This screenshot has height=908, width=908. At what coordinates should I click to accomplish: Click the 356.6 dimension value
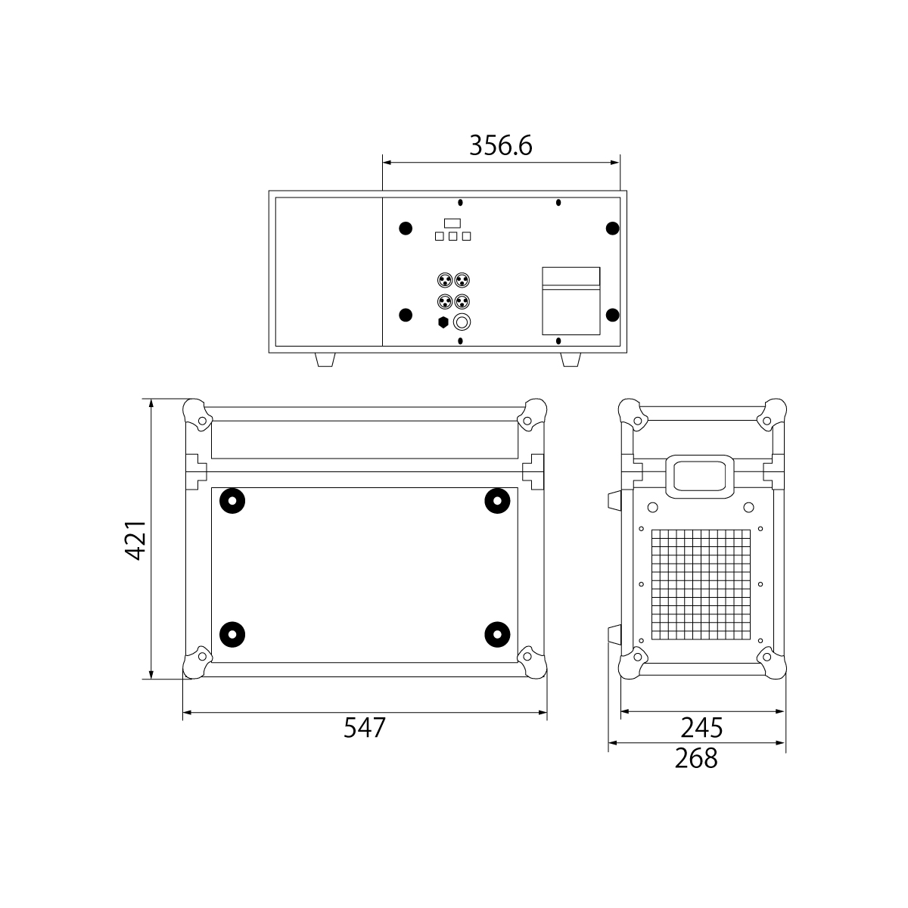coord(500,145)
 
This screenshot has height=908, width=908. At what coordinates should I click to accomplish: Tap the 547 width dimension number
coord(364,727)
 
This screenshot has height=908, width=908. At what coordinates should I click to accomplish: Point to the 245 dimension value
coord(701,727)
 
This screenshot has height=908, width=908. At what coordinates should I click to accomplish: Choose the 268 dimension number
coord(696,758)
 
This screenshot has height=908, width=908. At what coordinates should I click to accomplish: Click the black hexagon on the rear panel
coord(443,322)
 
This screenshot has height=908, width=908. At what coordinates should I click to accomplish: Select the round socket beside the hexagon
coord(462,322)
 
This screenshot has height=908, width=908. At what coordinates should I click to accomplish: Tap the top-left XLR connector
coord(445,281)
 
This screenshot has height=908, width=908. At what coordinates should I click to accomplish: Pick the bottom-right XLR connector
coord(462,301)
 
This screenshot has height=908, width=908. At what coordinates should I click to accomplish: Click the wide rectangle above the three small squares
coord(452,223)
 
